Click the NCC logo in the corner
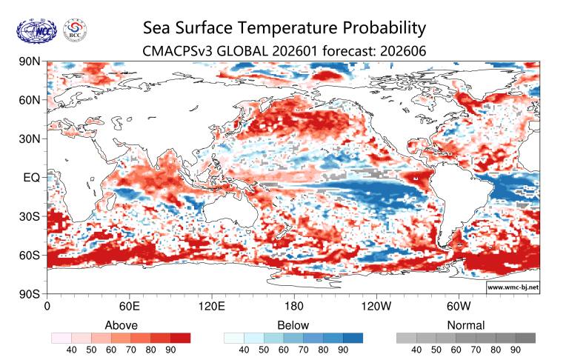(35, 32)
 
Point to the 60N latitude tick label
(30, 100)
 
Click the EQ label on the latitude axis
(32, 178)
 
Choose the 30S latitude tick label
(30, 216)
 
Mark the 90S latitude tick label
(30, 294)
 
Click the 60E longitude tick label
(130, 305)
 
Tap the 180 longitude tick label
(293, 305)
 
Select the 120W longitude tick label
(376, 305)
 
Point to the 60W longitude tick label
(458, 305)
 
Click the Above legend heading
(121, 325)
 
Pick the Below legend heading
(293, 325)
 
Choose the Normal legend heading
(466, 325)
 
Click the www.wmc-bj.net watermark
(513, 286)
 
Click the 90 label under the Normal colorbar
(516, 350)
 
